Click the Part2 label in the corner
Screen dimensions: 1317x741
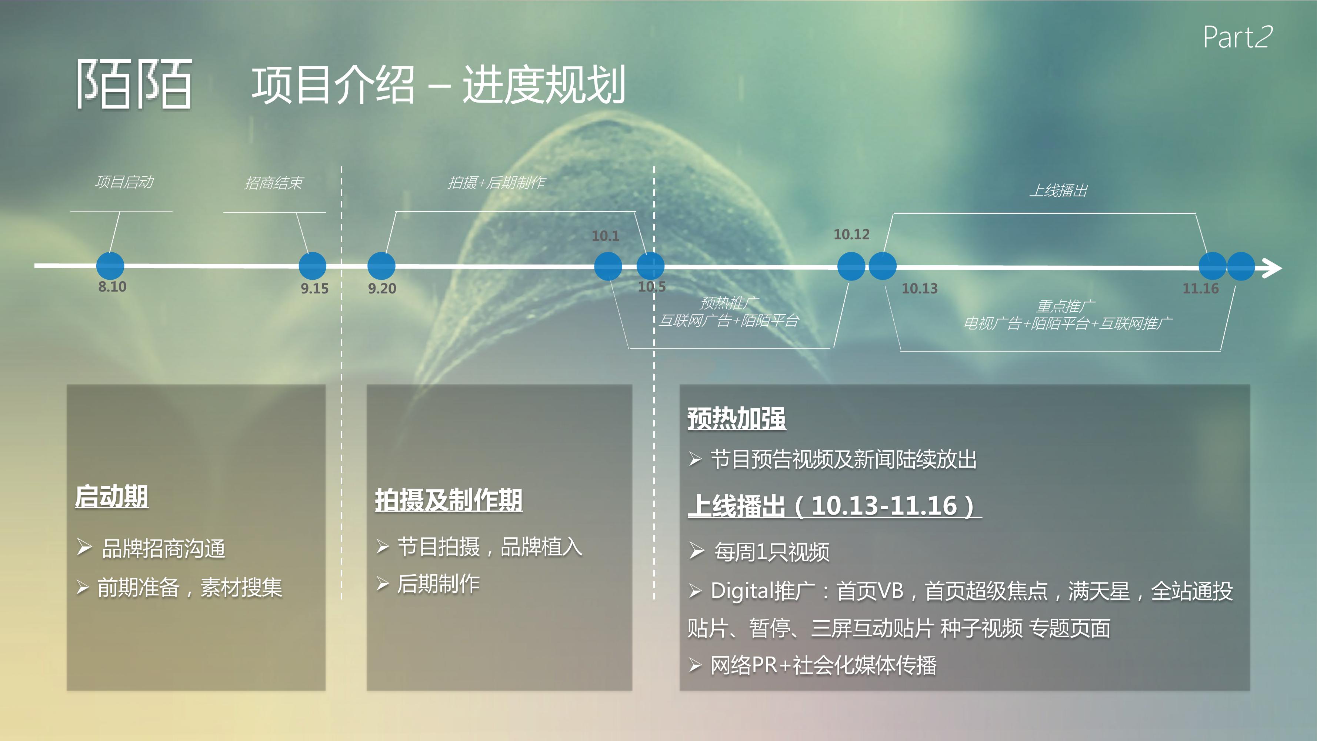[1237, 37]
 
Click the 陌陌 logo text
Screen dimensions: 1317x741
[134, 84]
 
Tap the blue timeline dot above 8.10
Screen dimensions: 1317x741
[110, 266]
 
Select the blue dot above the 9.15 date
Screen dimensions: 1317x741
[312, 266]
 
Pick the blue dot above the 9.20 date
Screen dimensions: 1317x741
[381, 266]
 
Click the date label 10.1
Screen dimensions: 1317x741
[605, 236]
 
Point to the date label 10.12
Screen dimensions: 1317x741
[851, 234]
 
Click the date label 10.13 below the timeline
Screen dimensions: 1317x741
[919, 288]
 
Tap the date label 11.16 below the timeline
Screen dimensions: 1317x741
[1200, 288]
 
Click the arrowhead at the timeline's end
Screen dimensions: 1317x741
[1272, 268]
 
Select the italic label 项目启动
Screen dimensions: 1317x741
[124, 182]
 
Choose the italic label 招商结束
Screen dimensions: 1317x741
[274, 183]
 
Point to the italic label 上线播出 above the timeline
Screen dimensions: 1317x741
[1058, 190]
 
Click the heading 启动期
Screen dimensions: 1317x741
[111, 496]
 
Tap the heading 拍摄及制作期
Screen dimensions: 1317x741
[449, 500]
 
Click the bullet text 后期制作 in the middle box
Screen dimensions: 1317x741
[438, 584]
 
